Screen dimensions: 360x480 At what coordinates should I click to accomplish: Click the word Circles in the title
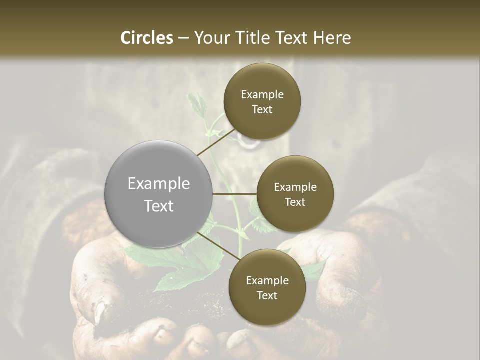(146, 37)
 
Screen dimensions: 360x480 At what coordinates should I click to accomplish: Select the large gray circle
(159, 194)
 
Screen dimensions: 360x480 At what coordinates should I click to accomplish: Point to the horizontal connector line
(235, 194)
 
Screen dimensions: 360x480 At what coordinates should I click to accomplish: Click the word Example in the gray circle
(159, 183)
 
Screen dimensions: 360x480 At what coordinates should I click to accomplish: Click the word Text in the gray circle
(159, 205)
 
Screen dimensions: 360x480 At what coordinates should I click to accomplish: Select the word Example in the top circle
(262, 94)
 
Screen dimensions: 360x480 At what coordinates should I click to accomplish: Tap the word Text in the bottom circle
(267, 295)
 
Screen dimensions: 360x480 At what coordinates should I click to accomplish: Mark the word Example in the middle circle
(295, 187)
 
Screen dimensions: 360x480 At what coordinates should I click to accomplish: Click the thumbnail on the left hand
(100, 312)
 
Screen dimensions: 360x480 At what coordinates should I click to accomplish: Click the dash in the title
(183, 38)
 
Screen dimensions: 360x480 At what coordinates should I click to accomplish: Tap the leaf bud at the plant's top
(196, 102)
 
